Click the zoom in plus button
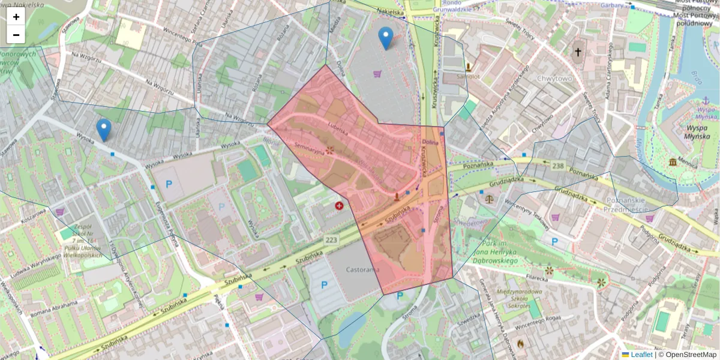pyautogui.click(x=16, y=17)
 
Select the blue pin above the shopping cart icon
pyautogui.click(x=386, y=38)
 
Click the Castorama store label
pyautogui.click(x=363, y=270)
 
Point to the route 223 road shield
pyautogui.click(x=331, y=240)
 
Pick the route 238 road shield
pyautogui.click(x=559, y=165)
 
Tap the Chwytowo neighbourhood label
pyautogui.click(x=555, y=78)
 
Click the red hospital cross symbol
pyautogui.click(x=340, y=206)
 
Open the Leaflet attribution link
pyautogui.click(x=641, y=355)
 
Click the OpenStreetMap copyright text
pyautogui.click(x=687, y=355)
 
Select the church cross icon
pyautogui.click(x=578, y=52)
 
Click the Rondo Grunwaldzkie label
pyautogui.click(x=456, y=6)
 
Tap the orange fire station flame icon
pyautogui.click(x=520, y=344)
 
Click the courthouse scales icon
pyautogui.click(x=491, y=196)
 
